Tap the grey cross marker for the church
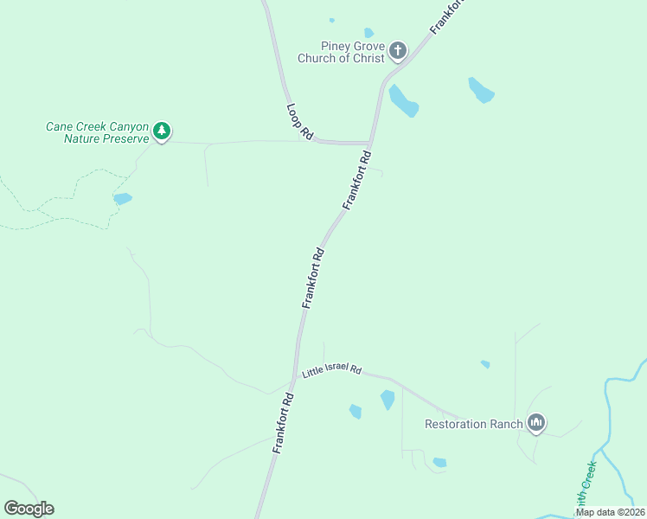pyautogui.click(x=398, y=50)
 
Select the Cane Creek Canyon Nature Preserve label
pyautogui.click(x=92, y=132)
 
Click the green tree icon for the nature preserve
pyautogui.click(x=161, y=131)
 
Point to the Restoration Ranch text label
pyautogui.click(x=473, y=424)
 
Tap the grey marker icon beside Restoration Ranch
pyautogui.click(x=536, y=422)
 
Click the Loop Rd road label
pyautogui.click(x=299, y=122)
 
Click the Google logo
pyautogui.click(x=29, y=509)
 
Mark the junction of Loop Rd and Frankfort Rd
pyautogui.click(x=370, y=143)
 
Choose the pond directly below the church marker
pyautogui.click(x=403, y=101)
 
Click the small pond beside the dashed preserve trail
pyautogui.click(x=122, y=198)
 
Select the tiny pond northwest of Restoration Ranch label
pyautogui.click(x=485, y=364)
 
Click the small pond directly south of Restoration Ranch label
pyautogui.click(x=439, y=463)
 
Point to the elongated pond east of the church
pyautogui.click(x=481, y=90)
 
